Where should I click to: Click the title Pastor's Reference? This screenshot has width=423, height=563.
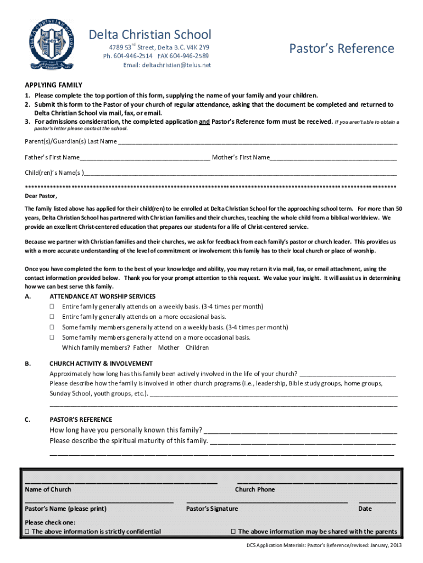click(x=342, y=48)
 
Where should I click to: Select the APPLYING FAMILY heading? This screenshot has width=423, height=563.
click(x=53, y=85)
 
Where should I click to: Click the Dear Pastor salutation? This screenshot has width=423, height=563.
click(x=41, y=196)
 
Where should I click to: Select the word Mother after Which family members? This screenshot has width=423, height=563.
click(x=169, y=347)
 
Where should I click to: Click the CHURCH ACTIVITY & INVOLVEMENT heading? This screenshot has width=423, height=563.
click(x=101, y=363)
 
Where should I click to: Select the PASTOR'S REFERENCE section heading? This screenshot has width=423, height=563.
click(x=81, y=420)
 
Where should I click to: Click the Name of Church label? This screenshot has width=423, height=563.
click(x=48, y=489)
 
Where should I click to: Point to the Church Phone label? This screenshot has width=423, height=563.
click(x=255, y=489)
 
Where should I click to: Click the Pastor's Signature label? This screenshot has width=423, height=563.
click(x=212, y=509)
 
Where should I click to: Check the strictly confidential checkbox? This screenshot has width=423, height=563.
click(x=27, y=532)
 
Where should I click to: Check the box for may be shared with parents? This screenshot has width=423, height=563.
click(x=233, y=532)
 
